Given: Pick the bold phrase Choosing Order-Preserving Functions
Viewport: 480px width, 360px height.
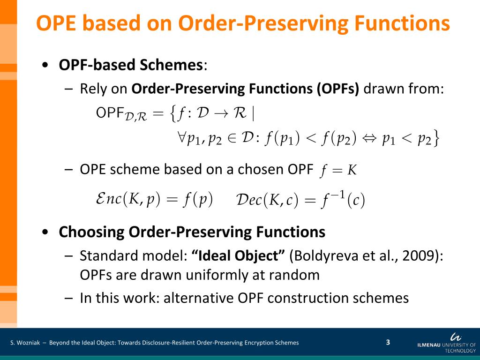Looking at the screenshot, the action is coord(192,232).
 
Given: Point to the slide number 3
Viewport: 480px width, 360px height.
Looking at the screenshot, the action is coord(388,342).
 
